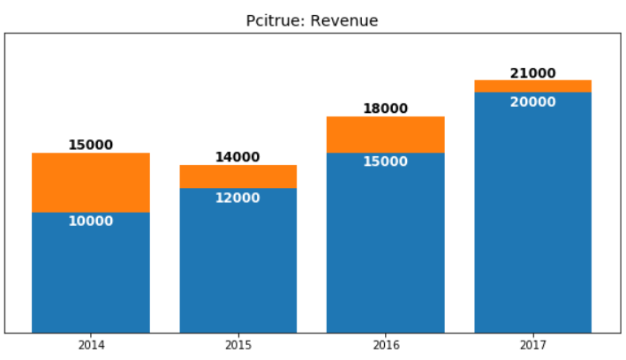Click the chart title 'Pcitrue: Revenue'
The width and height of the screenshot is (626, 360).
coord(312,20)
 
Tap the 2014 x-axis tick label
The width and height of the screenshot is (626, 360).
coord(91,345)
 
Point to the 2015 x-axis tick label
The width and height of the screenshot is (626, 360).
coord(238,345)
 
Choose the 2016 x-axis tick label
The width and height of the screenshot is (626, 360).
coord(385,345)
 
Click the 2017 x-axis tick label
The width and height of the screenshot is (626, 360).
coord(532,345)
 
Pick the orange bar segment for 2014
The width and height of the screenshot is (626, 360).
coord(91,183)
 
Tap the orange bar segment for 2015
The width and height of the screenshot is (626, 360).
coord(238,176)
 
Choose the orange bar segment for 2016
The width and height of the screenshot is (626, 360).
coord(385,135)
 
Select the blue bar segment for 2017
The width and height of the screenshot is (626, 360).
coord(532,221)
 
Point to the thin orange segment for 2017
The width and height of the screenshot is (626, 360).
coord(532,86)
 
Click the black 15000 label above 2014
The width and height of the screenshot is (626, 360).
coord(91,146)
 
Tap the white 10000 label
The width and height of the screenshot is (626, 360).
coord(91,221)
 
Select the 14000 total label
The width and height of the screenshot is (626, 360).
coord(238,158)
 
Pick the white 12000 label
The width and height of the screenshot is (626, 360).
coord(238,199)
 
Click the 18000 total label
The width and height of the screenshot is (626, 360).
coord(385,109)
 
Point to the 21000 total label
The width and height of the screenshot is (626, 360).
coord(532,74)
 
